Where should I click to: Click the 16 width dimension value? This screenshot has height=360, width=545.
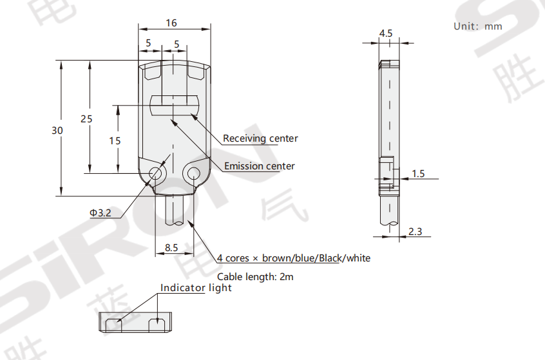pos(171,23)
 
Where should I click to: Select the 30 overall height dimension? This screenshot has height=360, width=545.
pos(57,130)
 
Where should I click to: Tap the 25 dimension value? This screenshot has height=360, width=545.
pos(86,118)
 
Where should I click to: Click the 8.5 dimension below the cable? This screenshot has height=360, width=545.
pos(171,247)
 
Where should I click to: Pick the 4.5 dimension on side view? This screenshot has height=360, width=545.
pos(386,33)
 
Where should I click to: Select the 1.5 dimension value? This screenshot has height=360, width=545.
pos(418,174)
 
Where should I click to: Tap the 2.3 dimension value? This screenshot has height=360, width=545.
pos(416,232)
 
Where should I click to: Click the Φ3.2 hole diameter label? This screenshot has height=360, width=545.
pos(100,213)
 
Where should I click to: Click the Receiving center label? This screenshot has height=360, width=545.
pos(260,138)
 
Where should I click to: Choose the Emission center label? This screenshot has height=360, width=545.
pos(259,166)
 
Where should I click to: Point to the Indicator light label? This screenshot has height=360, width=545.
pos(196,288)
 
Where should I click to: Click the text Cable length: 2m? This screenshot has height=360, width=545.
pos(255,276)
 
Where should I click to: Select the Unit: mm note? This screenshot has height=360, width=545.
pos(477,26)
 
